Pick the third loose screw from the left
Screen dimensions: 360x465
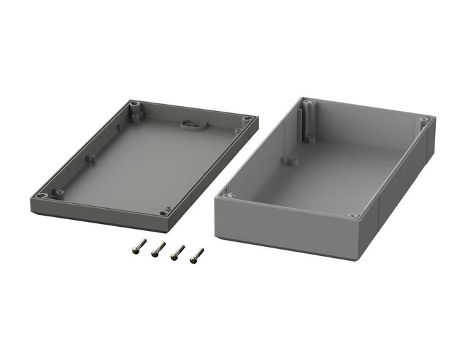pyautogui.click(x=177, y=252)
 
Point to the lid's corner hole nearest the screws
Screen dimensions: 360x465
pyautogui.click(x=164, y=212)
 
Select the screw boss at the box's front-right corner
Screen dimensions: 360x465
pyautogui.click(x=353, y=216)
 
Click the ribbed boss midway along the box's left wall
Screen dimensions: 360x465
pyautogui.click(x=290, y=160)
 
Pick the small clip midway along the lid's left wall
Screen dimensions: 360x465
pyautogui.click(x=90, y=159)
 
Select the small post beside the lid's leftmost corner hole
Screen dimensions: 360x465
pyautogui.click(x=60, y=192)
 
